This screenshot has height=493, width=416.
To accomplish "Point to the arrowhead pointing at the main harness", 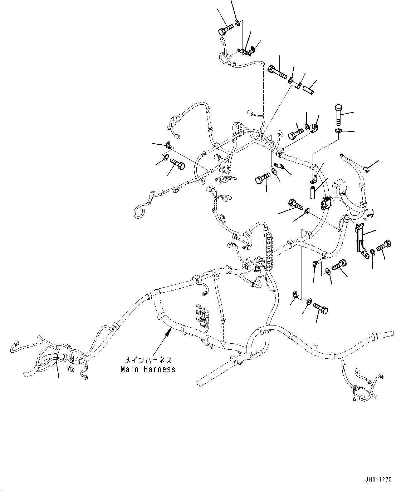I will point(167,333).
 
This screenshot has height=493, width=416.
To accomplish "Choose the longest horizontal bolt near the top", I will point(277,72).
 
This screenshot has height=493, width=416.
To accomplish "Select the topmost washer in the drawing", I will point(237,24).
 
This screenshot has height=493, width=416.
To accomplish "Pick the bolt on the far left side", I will point(177,165).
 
